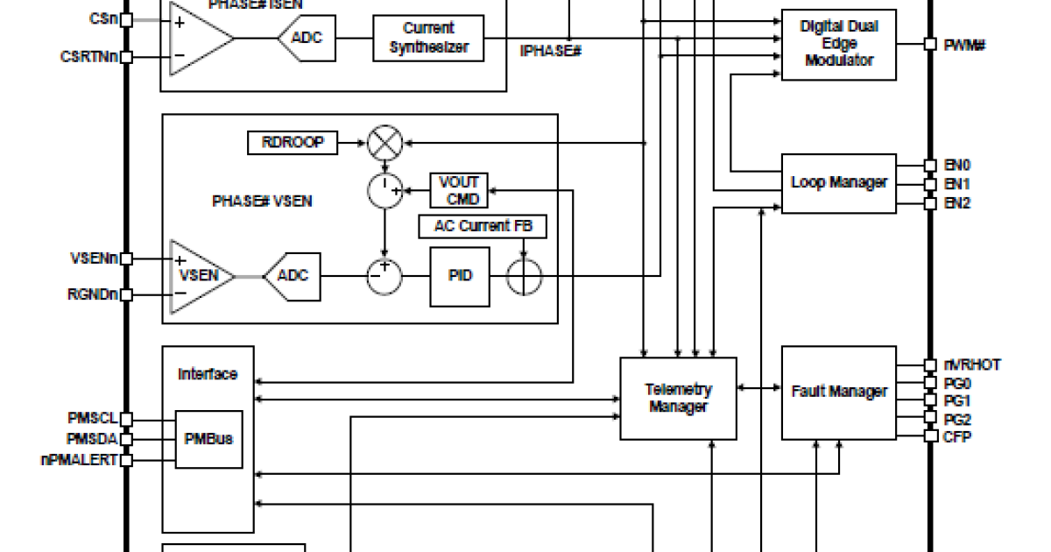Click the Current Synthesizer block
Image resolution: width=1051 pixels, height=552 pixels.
pyautogui.click(x=428, y=38)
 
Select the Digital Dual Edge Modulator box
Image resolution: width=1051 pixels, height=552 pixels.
pyautogui.click(x=838, y=44)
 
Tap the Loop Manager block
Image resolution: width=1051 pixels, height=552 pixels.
pyautogui.click(x=838, y=183)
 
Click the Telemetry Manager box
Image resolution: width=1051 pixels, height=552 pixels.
pyautogui.click(x=678, y=398)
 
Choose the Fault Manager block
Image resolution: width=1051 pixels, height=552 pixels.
pyautogui.click(x=838, y=392)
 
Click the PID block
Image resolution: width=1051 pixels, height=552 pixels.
pyautogui.click(x=459, y=276)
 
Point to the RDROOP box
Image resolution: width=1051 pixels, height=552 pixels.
pyautogui.click(x=293, y=142)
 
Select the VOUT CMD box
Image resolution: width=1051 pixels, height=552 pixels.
pyautogui.click(x=458, y=190)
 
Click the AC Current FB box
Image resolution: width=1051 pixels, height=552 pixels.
pyautogui.click(x=483, y=226)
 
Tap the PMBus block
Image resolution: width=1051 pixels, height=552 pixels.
pyautogui.click(x=208, y=438)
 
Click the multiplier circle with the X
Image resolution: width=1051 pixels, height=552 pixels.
pyautogui.click(x=384, y=143)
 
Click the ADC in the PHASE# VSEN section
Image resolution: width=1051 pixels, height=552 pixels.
pyautogui.click(x=293, y=276)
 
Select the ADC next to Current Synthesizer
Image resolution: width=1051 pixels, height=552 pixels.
pyautogui.click(x=307, y=38)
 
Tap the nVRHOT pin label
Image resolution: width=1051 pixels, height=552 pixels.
pyautogui.click(x=971, y=364)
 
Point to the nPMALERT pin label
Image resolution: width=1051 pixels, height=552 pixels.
pyautogui.click(x=80, y=459)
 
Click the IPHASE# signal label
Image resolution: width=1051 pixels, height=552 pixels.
pyautogui.click(x=551, y=51)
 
